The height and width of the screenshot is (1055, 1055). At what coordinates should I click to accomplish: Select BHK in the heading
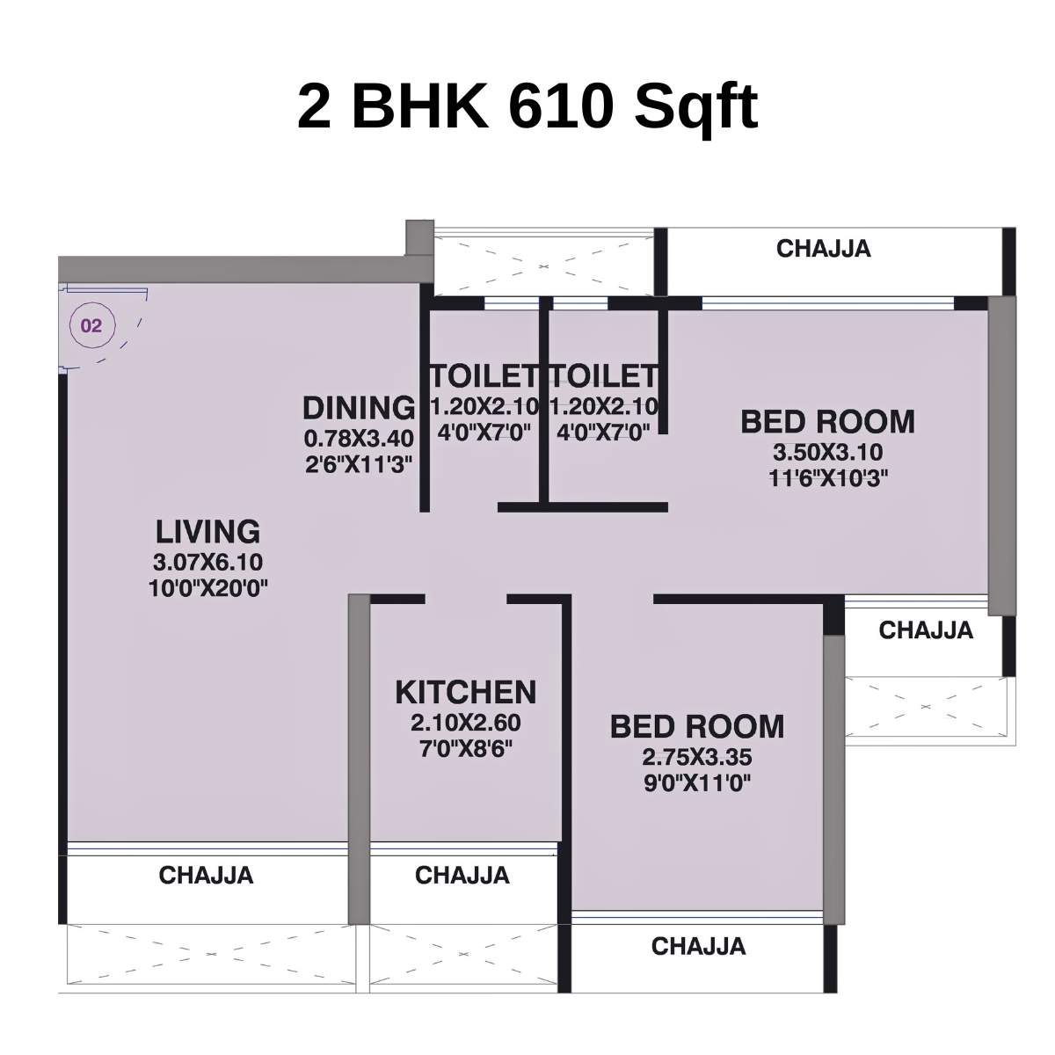click(419, 106)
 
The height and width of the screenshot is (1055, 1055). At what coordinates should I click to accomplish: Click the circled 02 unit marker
click(91, 326)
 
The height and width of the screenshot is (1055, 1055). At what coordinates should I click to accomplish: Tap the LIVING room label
click(208, 532)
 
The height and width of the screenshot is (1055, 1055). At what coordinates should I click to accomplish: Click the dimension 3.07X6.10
click(208, 563)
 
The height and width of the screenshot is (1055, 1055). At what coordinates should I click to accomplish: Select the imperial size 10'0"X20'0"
click(208, 587)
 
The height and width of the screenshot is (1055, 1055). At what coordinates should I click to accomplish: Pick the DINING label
click(358, 408)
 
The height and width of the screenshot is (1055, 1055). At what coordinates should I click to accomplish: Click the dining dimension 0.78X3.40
click(358, 438)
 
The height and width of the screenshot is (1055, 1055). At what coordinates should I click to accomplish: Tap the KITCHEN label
click(465, 693)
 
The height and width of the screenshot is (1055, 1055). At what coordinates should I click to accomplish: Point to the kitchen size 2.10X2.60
click(465, 724)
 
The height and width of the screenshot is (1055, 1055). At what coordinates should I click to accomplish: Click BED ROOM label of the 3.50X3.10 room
click(827, 422)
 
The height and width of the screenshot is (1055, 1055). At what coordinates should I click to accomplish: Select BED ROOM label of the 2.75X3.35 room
click(697, 727)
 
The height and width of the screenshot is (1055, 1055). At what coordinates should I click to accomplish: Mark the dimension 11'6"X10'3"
click(827, 478)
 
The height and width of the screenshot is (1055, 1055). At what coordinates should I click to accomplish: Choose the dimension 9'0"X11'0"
click(697, 782)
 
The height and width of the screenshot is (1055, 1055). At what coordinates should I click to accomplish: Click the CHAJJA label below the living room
click(206, 876)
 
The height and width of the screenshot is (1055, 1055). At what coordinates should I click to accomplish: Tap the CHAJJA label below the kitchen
click(462, 876)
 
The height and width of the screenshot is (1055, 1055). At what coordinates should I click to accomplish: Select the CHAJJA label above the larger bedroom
click(824, 249)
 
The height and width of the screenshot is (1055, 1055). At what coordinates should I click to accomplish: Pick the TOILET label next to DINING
click(483, 376)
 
